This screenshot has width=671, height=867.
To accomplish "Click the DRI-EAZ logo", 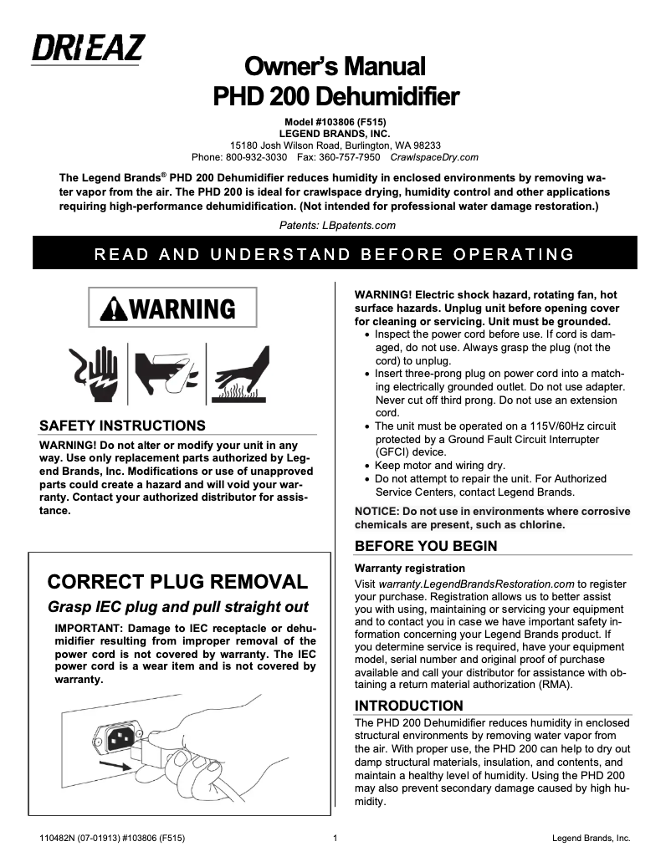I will [88, 48].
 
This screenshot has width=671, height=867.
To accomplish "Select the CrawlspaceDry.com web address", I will [434, 156].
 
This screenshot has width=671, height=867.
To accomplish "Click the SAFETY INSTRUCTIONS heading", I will [122, 426].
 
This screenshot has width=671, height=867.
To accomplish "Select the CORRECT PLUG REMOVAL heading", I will [177, 581].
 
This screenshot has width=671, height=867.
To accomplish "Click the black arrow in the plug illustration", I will [115, 763].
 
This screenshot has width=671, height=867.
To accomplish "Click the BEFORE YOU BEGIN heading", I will [426, 546].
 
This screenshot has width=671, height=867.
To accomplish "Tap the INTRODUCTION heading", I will [409, 705].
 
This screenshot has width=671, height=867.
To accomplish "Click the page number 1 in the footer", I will [335, 838].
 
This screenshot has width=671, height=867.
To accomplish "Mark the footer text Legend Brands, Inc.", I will [592, 838].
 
